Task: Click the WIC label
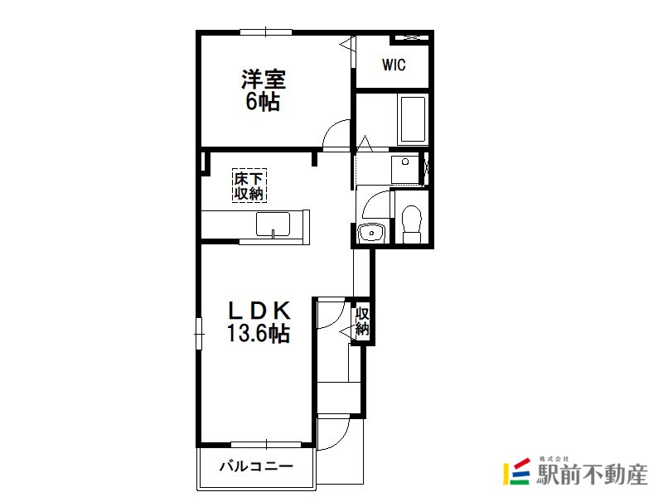(394, 65)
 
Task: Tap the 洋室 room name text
(264, 79)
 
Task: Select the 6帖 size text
(263, 101)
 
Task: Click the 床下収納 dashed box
(249, 186)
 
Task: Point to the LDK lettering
(259, 311)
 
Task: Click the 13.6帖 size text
(259, 333)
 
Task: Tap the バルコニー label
(256, 466)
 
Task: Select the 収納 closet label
(362, 321)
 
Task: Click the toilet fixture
(411, 224)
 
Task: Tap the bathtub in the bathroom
(412, 120)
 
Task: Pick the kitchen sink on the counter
(273, 224)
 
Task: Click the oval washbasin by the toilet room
(370, 233)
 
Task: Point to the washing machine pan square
(405, 170)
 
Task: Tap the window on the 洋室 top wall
(266, 31)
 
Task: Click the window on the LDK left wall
(199, 334)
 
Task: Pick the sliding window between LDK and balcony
(266, 445)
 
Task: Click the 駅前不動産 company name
(592, 474)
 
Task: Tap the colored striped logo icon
(516, 470)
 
